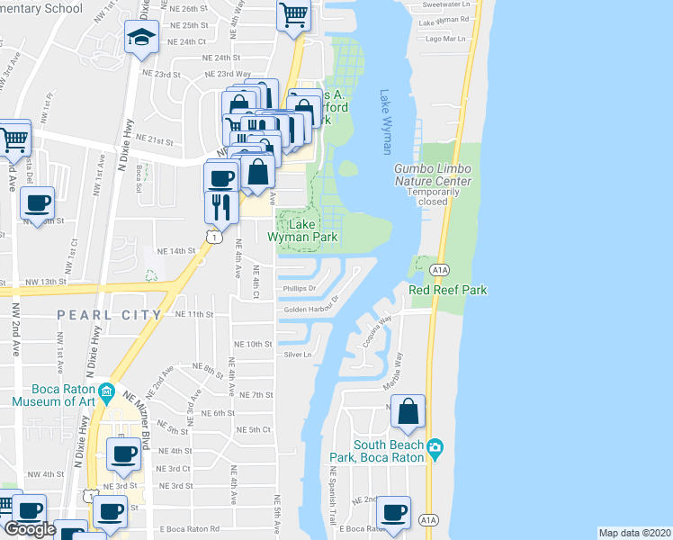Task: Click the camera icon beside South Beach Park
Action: point(436,447)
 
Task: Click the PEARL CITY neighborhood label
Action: point(109,315)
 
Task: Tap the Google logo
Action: point(30,529)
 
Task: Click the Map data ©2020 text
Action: point(635,533)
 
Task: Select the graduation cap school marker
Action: point(141,38)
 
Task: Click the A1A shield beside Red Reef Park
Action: point(439,269)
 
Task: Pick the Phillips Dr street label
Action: point(301,289)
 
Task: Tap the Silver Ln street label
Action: point(298,355)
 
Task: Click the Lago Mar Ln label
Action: point(446,39)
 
